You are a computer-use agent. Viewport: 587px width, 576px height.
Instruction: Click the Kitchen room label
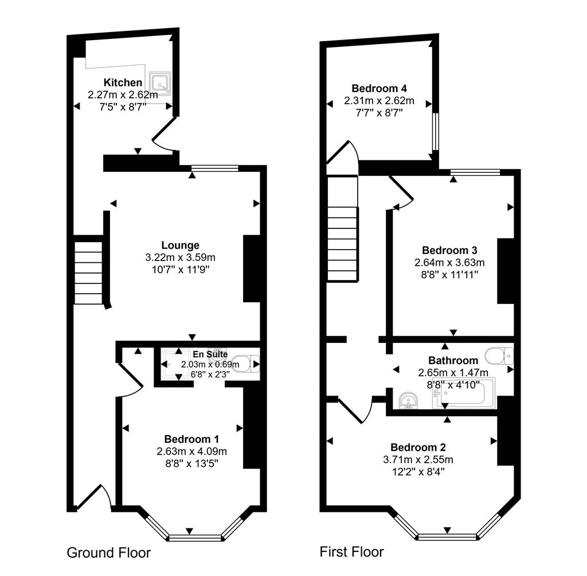123,82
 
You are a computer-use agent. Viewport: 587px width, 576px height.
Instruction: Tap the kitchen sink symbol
161,83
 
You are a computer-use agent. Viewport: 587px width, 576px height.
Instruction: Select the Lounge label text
180,245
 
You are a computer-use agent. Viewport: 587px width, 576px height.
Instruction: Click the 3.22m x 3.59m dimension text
180,257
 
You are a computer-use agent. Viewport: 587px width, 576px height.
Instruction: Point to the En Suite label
210,354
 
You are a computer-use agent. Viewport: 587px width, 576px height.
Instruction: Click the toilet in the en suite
245,364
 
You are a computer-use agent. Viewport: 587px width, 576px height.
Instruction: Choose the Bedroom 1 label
191,439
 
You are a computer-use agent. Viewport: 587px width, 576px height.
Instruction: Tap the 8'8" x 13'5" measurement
191,463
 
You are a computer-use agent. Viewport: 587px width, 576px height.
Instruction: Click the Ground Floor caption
108,553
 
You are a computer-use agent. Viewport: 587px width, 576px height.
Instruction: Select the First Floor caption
351,552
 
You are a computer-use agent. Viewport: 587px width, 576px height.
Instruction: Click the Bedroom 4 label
379,88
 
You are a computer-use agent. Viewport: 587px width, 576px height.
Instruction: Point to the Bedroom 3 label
449,250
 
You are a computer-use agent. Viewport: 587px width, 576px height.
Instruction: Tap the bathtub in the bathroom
464,393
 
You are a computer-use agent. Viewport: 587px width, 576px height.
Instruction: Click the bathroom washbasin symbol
408,401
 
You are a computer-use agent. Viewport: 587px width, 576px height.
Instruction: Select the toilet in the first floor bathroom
499,356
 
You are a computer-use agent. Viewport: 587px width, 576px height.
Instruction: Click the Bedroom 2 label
418,447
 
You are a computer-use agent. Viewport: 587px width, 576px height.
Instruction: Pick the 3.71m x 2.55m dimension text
418,459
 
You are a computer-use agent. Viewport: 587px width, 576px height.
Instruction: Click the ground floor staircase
88,273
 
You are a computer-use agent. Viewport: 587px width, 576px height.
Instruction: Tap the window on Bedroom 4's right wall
436,131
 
